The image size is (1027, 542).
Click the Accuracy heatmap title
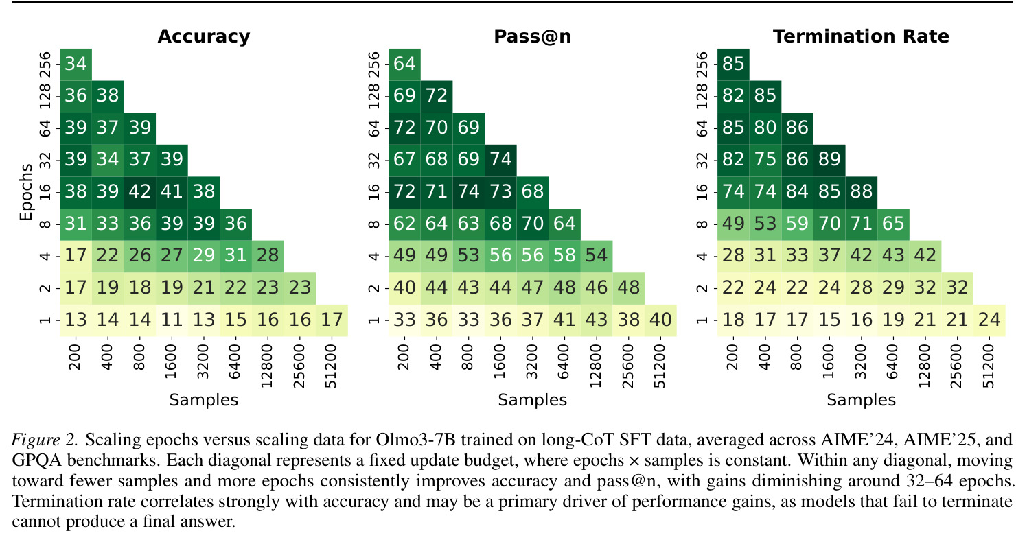pyautogui.click(x=204, y=36)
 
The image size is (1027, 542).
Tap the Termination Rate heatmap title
pyautogui.click(x=861, y=36)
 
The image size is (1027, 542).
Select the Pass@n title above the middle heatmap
pyautogui.click(x=532, y=36)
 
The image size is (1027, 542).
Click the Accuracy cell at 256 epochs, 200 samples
pyautogui.click(x=76, y=64)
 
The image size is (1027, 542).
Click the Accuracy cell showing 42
pyautogui.click(x=140, y=192)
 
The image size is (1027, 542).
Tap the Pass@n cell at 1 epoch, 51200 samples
pyautogui.click(x=660, y=320)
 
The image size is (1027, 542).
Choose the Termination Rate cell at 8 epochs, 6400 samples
pyautogui.click(x=894, y=224)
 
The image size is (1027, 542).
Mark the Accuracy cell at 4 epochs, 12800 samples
pyautogui.click(x=268, y=257)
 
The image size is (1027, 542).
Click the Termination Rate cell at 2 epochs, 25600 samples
pyautogui.click(x=957, y=288)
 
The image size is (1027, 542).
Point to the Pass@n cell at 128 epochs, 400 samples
pyautogui.click(x=437, y=97)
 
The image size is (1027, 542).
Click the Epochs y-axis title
pyautogui.click(x=26, y=192)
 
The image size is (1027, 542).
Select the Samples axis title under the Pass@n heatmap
pyautogui.click(x=532, y=400)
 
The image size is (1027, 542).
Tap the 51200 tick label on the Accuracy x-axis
pyautogui.click(x=331, y=366)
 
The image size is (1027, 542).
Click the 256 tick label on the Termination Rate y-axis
pyautogui.click(x=702, y=64)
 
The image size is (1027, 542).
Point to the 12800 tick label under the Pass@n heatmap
pyautogui.click(x=596, y=366)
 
